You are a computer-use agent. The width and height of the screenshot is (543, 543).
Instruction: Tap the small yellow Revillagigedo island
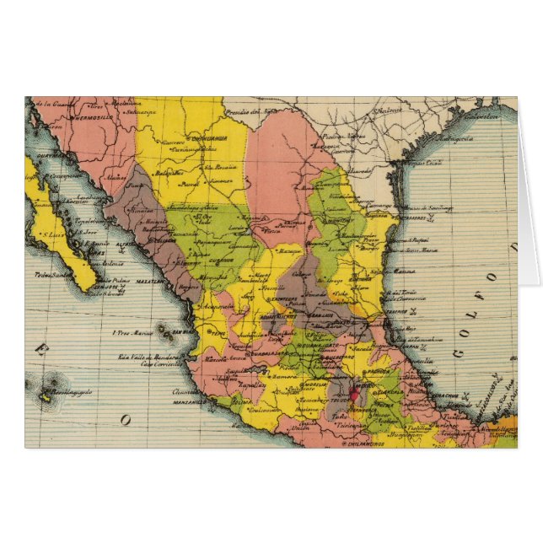[x=45, y=395]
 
